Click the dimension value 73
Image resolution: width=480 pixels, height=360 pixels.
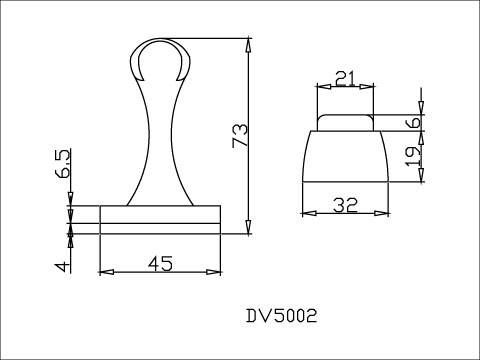point(239,135)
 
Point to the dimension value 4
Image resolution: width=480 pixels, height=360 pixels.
point(61,266)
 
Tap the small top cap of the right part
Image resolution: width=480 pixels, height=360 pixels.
point(347,123)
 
